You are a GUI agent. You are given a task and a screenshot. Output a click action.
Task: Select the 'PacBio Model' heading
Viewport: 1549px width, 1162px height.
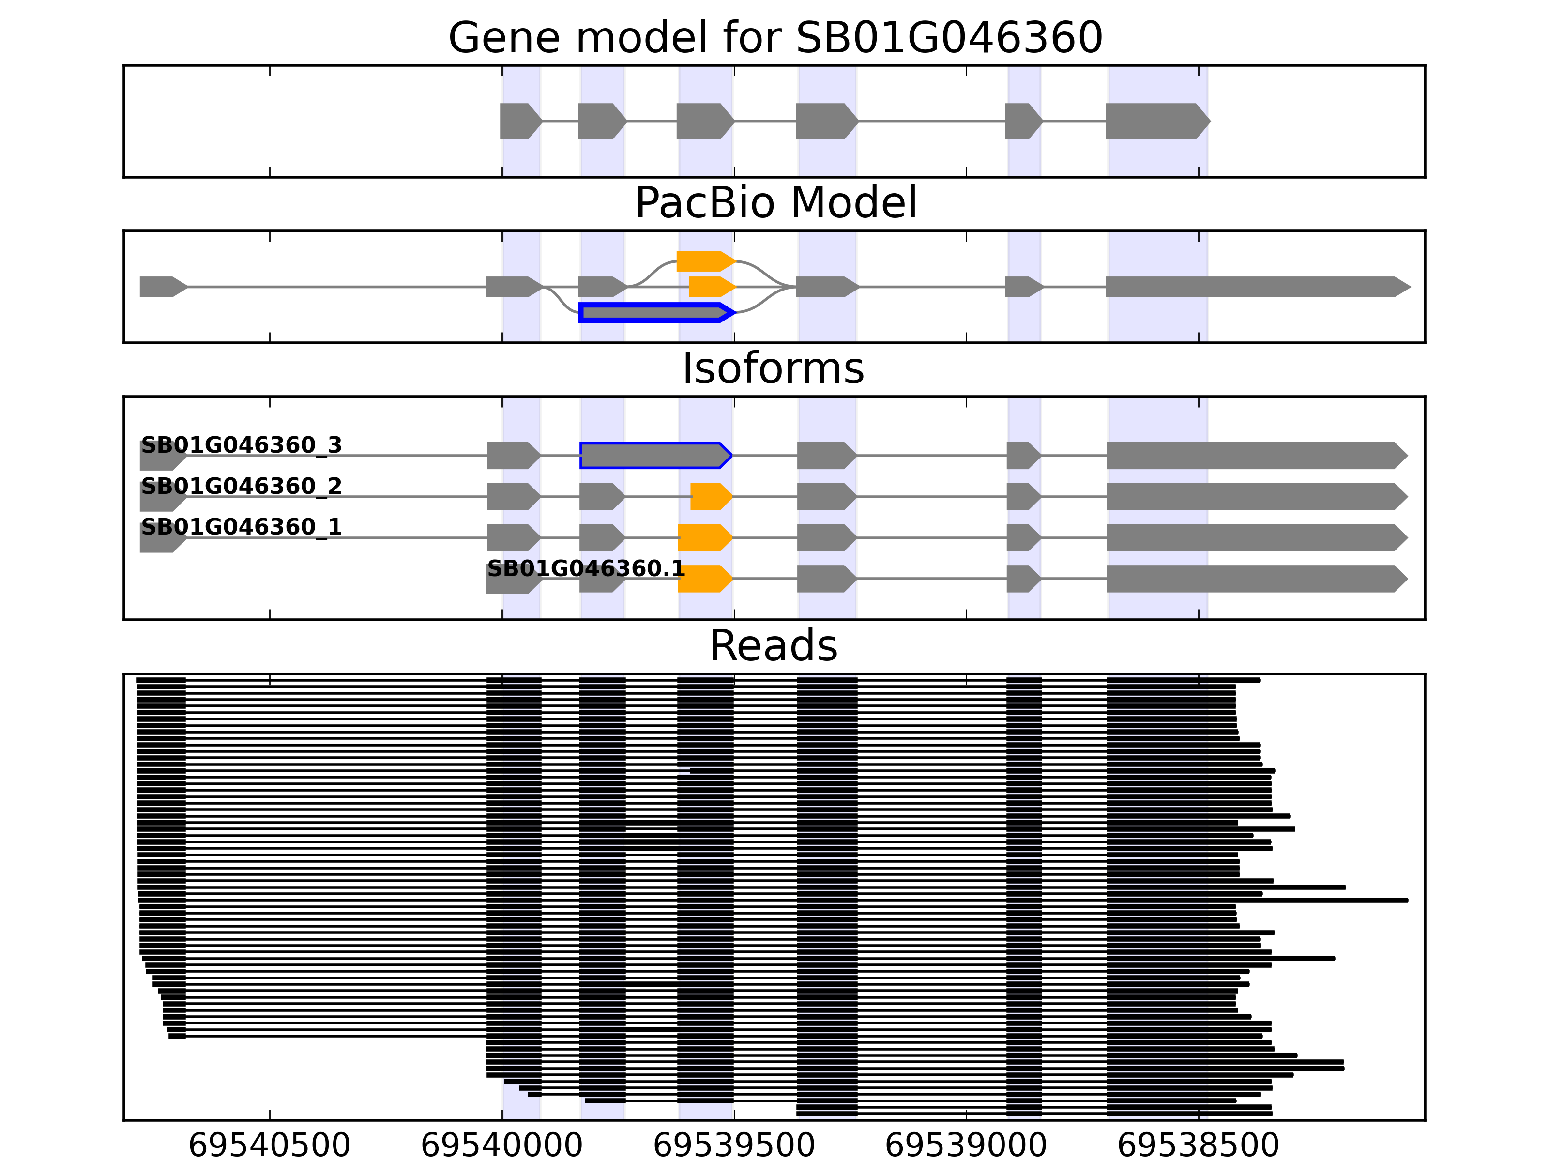(775, 203)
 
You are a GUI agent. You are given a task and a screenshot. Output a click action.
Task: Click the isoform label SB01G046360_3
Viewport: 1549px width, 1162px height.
(241, 445)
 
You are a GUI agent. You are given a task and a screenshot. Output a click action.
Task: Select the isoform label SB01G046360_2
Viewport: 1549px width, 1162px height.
(241, 486)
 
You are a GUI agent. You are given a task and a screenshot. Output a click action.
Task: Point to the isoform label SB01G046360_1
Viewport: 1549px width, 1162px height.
(241, 527)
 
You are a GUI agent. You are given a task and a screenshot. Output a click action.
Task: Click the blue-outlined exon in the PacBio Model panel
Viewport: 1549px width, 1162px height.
(655, 312)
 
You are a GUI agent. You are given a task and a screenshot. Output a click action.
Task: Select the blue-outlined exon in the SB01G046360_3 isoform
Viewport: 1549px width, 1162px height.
(655, 455)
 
